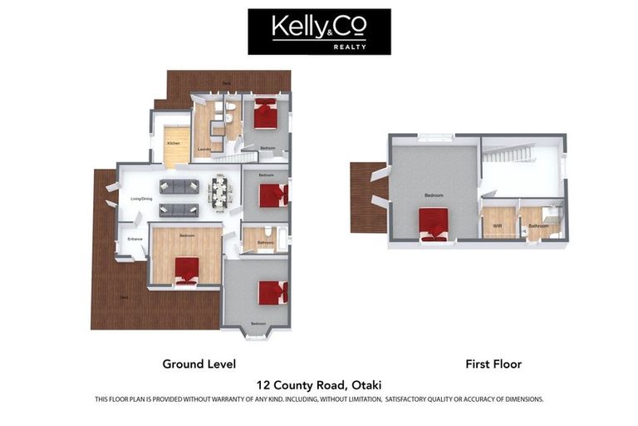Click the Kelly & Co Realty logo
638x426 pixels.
pyautogui.click(x=319, y=32)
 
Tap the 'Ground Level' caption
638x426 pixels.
pyautogui.click(x=199, y=364)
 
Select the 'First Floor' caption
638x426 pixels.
pyautogui.click(x=493, y=364)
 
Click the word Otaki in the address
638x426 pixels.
pyautogui.click(x=367, y=384)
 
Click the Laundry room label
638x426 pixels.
pyautogui.click(x=204, y=150)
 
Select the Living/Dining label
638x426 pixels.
pyautogui.click(x=141, y=199)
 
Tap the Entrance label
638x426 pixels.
pyautogui.click(x=135, y=240)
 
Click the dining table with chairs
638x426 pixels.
pyautogui.click(x=220, y=192)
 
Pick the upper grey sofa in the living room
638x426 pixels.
pyautogui.click(x=179, y=186)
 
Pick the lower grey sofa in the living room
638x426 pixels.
pyautogui.click(x=179, y=210)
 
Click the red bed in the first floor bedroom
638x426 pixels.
pyautogui.click(x=434, y=224)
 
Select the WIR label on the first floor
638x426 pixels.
pyautogui.click(x=498, y=225)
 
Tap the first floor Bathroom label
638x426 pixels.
pyautogui.click(x=538, y=225)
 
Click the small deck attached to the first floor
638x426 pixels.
pyautogui.click(x=366, y=196)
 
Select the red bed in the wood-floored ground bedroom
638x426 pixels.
pyautogui.click(x=187, y=270)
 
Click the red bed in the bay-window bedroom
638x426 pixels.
pyautogui.click(x=272, y=293)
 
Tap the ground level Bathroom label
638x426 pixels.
pyautogui.click(x=265, y=243)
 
